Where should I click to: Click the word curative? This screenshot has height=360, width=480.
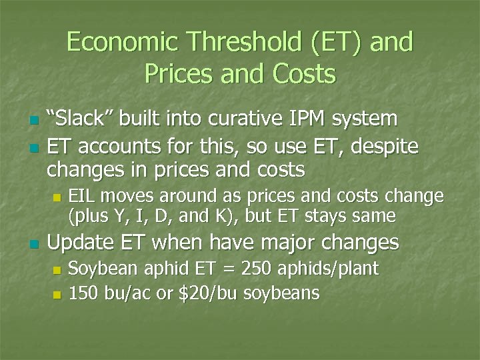(238, 119)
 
